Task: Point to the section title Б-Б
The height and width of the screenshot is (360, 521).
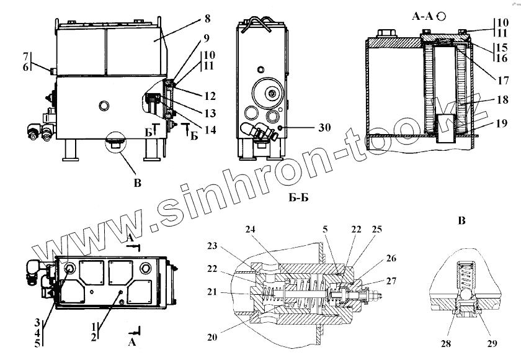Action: pyautogui.click(x=300, y=198)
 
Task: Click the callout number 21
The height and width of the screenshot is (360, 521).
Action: pyautogui.click(x=213, y=290)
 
